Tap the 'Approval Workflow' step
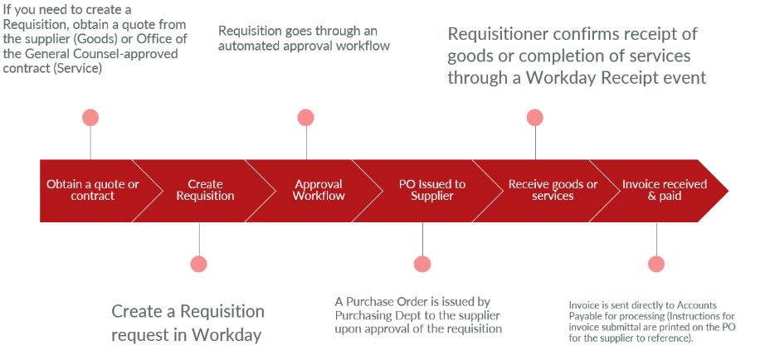click(319, 190)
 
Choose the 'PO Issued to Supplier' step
click(431, 190)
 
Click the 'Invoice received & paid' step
click(665, 190)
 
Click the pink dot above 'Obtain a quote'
click(90, 118)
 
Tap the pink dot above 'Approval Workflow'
click(306, 118)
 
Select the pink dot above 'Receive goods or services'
click(535, 118)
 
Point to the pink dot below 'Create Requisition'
click(198, 265)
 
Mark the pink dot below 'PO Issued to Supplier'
click(422, 265)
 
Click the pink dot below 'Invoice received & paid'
click(656, 265)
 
